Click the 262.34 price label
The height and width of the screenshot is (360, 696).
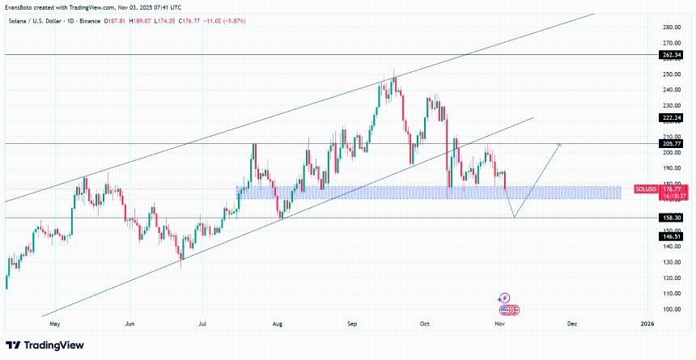pyautogui.click(x=672, y=54)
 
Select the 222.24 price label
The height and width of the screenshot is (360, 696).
pyautogui.click(x=672, y=116)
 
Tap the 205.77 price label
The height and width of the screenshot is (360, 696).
pyautogui.click(x=672, y=143)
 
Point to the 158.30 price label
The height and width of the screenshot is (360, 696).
pyautogui.click(x=672, y=218)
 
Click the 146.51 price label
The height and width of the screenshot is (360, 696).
pyautogui.click(x=672, y=235)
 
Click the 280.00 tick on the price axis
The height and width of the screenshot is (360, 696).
pyautogui.click(x=670, y=27)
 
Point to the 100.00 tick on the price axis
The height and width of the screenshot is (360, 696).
pyautogui.click(x=670, y=309)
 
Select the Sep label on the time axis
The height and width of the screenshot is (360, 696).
pyautogui.click(x=352, y=324)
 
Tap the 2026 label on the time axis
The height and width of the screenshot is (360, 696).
pyautogui.click(x=647, y=324)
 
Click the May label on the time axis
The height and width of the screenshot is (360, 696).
pyautogui.click(x=55, y=324)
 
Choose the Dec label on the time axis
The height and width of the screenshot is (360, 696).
pyautogui.click(x=571, y=324)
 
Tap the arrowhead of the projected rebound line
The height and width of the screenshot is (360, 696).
pyautogui.click(x=559, y=144)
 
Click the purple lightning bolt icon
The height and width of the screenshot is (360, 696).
pyautogui.click(x=504, y=299)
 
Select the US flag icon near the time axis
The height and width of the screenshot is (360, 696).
pyautogui.click(x=506, y=310)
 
